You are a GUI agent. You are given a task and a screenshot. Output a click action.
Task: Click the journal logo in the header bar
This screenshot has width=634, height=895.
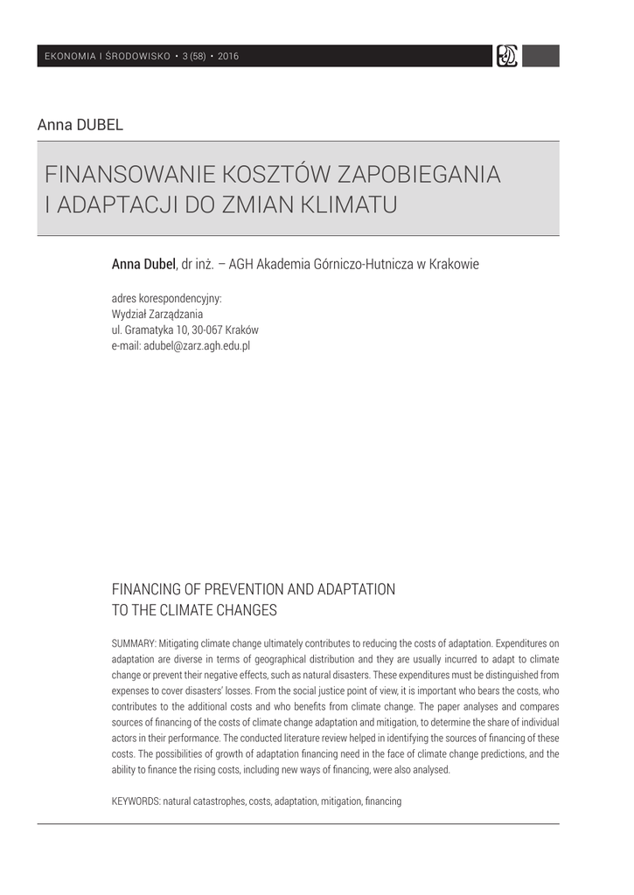click(506, 56)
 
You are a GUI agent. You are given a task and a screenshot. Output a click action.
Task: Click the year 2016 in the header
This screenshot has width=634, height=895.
click(228, 57)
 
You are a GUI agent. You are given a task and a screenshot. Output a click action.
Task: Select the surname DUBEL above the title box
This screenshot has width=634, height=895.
click(101, 124)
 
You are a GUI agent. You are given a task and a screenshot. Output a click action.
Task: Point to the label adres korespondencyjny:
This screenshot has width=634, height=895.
click(167, 298)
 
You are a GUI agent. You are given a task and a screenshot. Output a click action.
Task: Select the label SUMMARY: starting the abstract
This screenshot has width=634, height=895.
click(134, 642)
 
